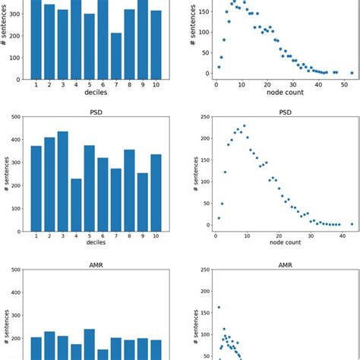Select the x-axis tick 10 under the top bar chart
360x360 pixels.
tap(156, 86)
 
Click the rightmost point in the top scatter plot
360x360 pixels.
tap(352, 73)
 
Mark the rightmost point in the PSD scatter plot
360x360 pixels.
tap(352, 224)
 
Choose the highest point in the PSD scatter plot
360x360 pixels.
tap(244, 126)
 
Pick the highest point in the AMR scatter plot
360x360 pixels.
tap(219, 308)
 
